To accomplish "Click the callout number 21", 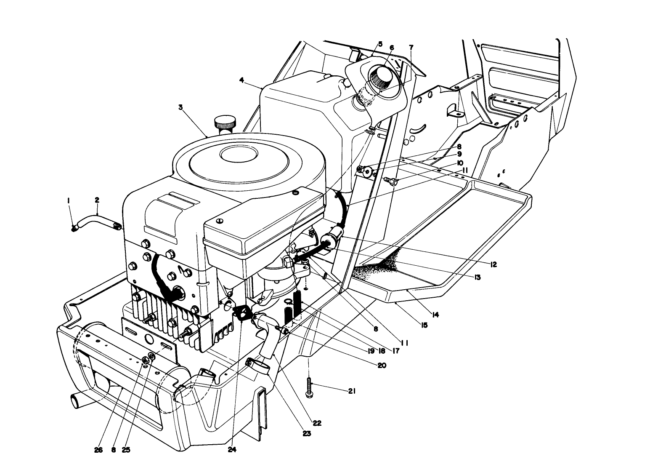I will click(352, 391).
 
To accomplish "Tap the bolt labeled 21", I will click(309, 387).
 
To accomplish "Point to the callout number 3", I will click(180, 107).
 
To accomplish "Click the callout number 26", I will click(98, 450).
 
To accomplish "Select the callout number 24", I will click(232, 450).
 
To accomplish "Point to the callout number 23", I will click(307, 433).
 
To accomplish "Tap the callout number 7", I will click(411, 46).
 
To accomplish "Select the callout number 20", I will click(382, 366).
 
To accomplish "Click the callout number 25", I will click(126, 450).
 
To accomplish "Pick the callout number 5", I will click(380, 44).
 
